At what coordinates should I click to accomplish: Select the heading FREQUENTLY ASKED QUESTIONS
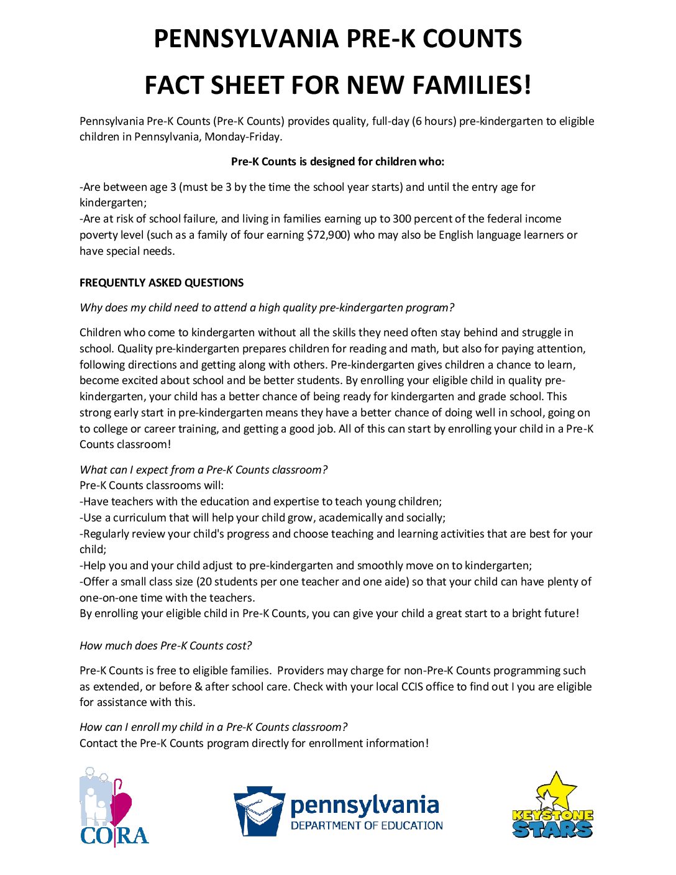point(162,283)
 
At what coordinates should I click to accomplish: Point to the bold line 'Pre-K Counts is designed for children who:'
point(337,162)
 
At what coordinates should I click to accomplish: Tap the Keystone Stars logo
point(552,806)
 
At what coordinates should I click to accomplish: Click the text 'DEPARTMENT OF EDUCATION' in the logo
point(367,826)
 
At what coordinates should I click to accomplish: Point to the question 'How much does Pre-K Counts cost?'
point(165,646)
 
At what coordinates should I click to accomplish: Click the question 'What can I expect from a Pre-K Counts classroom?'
point(203,470)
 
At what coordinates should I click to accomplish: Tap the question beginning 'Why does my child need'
point(267,308)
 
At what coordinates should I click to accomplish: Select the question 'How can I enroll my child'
point(213,727)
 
